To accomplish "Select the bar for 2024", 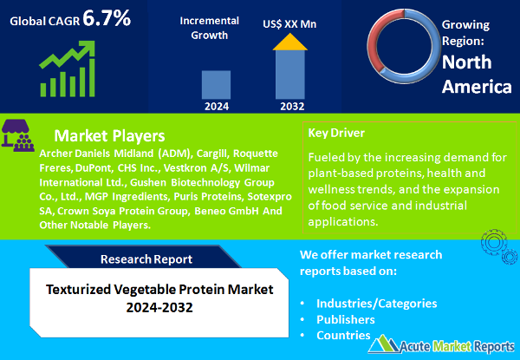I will coord(218,83).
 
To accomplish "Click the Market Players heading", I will coord(109,136).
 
